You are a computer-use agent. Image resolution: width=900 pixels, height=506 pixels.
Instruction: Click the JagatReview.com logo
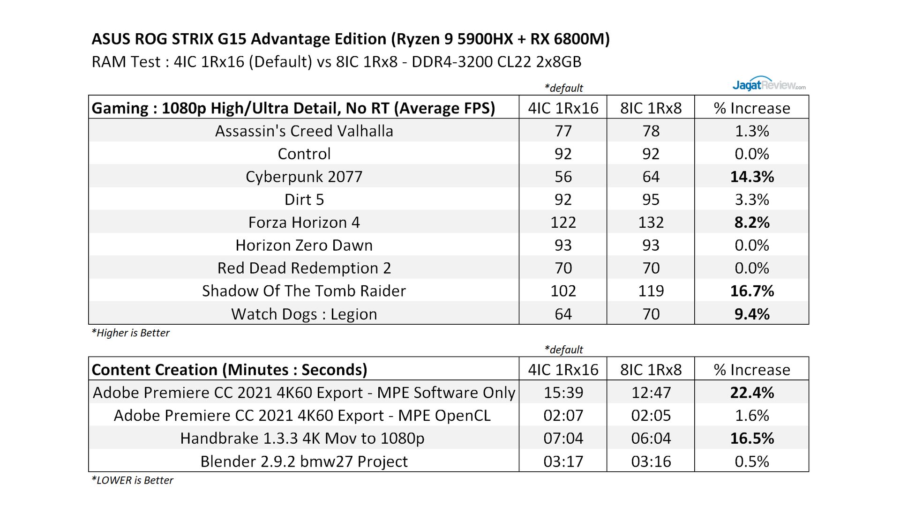[769, 84]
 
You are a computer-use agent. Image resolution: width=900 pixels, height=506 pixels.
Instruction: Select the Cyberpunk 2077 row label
[304, 177]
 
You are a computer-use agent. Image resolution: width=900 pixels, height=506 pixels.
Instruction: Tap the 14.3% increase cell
[751, 177]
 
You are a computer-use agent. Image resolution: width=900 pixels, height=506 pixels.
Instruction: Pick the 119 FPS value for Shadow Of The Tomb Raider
[651, 291]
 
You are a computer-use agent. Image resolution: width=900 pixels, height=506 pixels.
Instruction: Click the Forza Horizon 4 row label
[304, 222]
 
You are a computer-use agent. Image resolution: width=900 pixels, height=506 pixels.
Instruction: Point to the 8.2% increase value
[751, 222]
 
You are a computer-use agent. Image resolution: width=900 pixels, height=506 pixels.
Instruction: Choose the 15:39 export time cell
[563, 393]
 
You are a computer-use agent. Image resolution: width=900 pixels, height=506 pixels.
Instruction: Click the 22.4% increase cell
[751, 393]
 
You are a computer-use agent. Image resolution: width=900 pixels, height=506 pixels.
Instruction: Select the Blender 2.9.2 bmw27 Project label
[304, 461]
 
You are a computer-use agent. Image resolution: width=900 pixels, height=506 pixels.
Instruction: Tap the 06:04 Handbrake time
[651, 439]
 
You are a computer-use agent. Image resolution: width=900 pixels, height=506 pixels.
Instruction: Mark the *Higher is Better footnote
[130, 333]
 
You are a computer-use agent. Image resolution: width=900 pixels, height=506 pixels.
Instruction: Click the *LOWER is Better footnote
[132, 480]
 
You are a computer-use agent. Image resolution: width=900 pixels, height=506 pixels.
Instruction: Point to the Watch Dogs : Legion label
[304, 314]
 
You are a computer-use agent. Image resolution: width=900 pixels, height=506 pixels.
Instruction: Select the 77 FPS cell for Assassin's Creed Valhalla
[563, 131]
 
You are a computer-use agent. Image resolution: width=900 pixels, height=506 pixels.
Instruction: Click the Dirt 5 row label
[304, 200]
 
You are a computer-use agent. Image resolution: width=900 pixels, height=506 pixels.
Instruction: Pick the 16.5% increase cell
[751, 439]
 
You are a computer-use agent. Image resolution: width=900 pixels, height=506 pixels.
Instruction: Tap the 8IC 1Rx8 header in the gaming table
[651, 108]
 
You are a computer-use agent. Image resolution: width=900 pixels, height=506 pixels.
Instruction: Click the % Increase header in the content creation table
[751, 370]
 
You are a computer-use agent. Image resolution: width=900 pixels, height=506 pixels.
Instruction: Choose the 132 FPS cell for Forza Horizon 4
[651, 222]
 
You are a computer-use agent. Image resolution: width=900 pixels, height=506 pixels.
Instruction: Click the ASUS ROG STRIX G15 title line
[351, 39]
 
